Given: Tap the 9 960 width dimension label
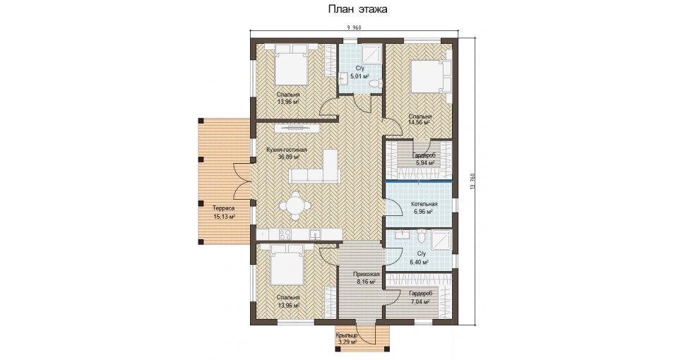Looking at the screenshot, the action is click(x=354, y=28).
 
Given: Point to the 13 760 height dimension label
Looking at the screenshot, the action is click(x=472, y=181).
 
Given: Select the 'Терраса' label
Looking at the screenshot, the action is click(x=223, y=208).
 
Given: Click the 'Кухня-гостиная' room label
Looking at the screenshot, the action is click(x=287, y=150).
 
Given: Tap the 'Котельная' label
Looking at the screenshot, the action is click(x=424, y=205).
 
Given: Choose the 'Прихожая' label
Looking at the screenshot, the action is click(x=367, y=274).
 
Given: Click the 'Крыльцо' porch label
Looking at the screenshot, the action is click(x=346, y=335).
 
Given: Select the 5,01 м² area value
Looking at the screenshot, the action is click(x=359, y=76).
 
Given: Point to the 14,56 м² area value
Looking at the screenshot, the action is click(x=419, y=122).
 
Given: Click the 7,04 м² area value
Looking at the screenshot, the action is click(x=420, y=302).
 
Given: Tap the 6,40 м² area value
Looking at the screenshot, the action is click(x=420, y=262).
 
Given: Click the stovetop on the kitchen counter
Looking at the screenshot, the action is click(x=285, y=234).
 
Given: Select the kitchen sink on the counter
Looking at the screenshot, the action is click(x=315, y=234).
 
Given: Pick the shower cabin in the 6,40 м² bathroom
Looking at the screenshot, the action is click(x=441, y=242).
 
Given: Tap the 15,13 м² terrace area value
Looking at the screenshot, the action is click(x=225, y=217).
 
